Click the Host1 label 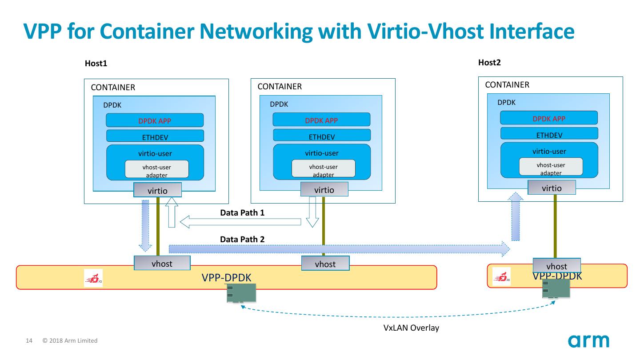[96, 64]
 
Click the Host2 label [489, 62]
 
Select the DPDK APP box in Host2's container [549, 118]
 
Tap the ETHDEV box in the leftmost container [155, 136]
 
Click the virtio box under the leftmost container [157, 190]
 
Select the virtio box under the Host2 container [552, 188]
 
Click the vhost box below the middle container [325, 264]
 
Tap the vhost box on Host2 [556, 266]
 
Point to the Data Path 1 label [242, 213]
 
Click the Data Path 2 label [242, 239]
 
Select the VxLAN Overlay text [411, 328]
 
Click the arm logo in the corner [588, 341]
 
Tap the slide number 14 [29, 341]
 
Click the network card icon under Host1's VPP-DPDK [241, 293]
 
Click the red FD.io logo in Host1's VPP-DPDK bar [93, 278]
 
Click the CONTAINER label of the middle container [280, 87]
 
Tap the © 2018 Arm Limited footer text [70, 341]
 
